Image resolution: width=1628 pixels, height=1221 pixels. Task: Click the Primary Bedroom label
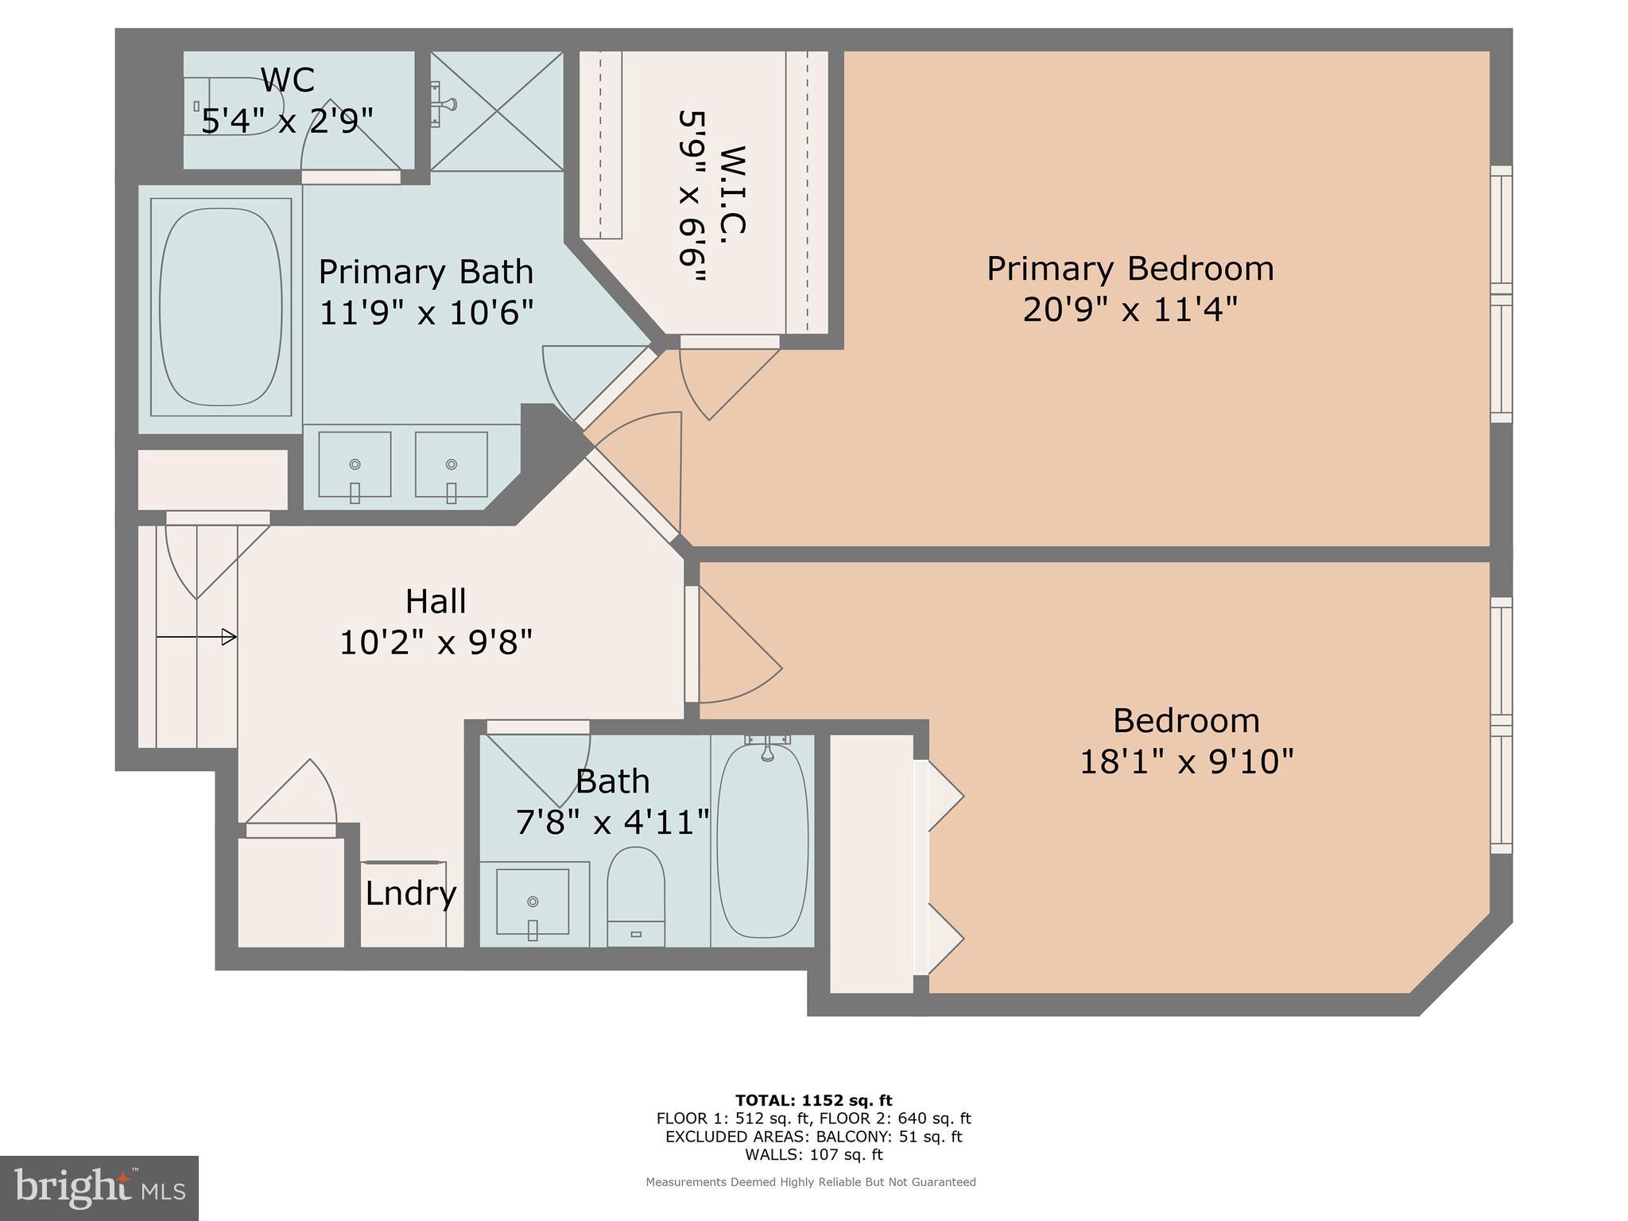coord(1130,269)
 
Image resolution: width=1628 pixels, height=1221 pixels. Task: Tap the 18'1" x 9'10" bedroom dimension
coord(1186,762)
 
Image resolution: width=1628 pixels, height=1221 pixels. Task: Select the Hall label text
coord(436,601)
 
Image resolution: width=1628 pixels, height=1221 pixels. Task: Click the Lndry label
coord(410,893)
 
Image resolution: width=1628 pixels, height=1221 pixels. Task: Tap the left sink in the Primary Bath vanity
coord(355,465)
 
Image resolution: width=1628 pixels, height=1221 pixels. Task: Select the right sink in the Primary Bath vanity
coord(451,465)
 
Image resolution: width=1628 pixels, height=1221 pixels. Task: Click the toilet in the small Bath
coord(635,894)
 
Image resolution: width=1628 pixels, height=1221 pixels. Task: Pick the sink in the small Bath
coord(533,901)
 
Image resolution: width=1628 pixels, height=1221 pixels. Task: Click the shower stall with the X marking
coord(497,110)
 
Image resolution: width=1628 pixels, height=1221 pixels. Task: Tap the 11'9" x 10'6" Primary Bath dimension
coord(426,312)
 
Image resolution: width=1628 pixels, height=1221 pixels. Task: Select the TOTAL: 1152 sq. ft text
coord(813,1100)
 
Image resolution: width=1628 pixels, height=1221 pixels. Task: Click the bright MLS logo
coord(99,1188)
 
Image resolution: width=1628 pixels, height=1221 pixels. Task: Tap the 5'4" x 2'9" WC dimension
coord(287,122)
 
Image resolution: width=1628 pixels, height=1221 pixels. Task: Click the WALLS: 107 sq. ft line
coord(813,1154)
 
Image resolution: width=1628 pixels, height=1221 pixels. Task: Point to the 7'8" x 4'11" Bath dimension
coord(612,822)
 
